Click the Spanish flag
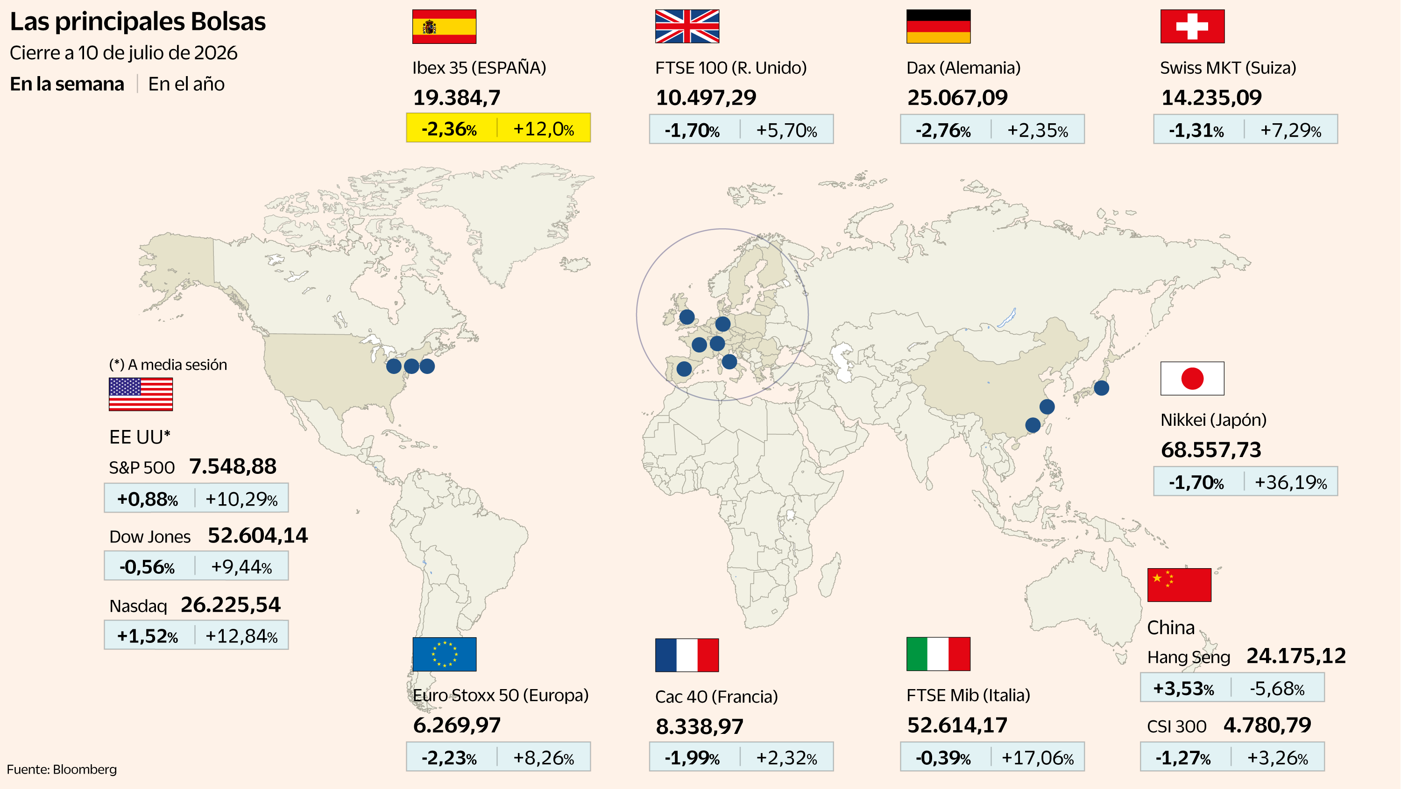coord(444,26)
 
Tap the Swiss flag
coord(1192,26)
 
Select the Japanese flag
coord(1192,379)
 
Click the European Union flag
coord(444,654)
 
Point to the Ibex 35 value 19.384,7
coord(457,98)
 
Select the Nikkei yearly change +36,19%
coord(1291,482)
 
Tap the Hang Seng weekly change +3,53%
coord(1183,689)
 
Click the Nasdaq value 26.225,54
coord(231,605)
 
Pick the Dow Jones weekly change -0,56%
coord(147,567)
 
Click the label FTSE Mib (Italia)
coord(968,695)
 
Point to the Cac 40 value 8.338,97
coord(700,726)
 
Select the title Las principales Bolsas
coord(138,22)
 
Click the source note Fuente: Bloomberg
coord(62,769)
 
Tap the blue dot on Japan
coord(1101,387)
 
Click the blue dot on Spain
coord(684,369)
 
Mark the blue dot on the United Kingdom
coord(687,317)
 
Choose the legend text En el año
coord(186,85)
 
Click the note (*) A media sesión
coord(168,365)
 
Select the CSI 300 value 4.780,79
coord(1267,726)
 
